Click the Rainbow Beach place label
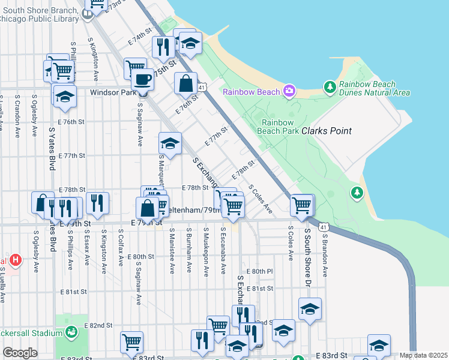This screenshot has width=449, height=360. click(252, 92)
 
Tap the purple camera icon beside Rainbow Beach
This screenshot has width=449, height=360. click(289, 91)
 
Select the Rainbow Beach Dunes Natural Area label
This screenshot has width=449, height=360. click(374, 88)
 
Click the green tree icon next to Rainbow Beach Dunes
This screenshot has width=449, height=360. click(330, 88)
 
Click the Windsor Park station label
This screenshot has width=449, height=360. click(113, 93)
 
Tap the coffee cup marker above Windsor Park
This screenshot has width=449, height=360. click(143, 79)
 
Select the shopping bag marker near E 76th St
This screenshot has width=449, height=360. click(186, 84)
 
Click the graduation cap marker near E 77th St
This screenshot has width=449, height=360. click(170, 144)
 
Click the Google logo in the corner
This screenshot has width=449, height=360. click(20, 353)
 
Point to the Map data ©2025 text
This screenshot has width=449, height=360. click(423, 355)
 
